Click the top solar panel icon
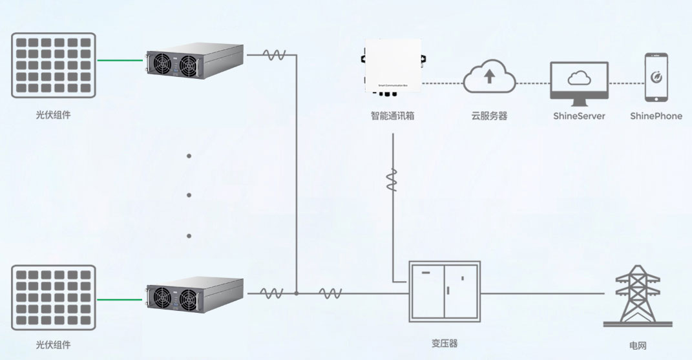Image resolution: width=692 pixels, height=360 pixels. [x=54, y=65]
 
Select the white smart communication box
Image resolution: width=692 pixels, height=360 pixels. [x=393, y=65]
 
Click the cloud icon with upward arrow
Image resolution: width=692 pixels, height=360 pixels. [x=489, y=76]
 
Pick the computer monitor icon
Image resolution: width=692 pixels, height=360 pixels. [x=579, y=83]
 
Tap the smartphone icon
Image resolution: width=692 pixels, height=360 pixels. [x=656, y=77]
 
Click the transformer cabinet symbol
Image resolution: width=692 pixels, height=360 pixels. [x=445, y=291]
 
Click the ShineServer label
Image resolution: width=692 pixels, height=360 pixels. [x=579, y=116]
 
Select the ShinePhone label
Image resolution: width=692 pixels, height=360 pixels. [x=656, y=116]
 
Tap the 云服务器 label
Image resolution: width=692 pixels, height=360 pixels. [x=489, y=116]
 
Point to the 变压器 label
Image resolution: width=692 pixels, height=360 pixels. [x=445, y=343]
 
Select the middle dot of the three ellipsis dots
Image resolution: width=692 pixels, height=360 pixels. [x=189, y=195]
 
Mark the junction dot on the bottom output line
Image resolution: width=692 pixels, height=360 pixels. [x=297, y=293]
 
